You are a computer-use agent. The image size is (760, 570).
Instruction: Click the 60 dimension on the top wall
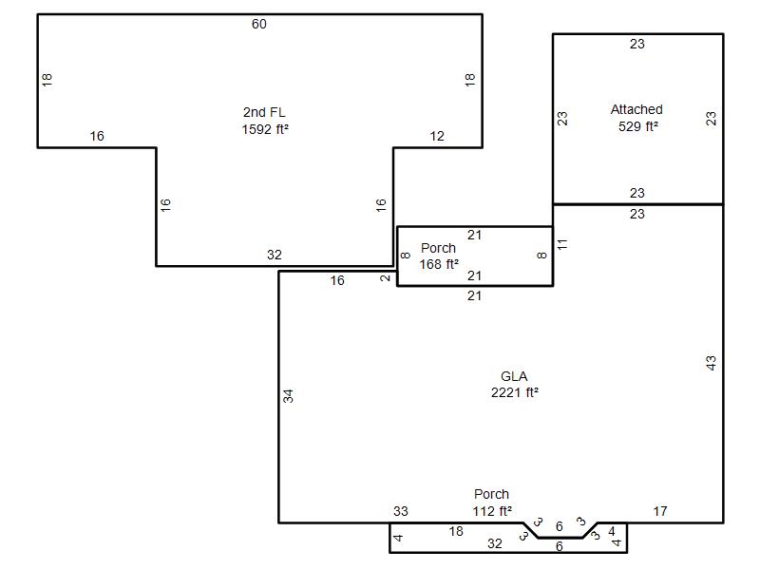258,25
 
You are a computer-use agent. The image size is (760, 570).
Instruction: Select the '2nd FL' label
264,112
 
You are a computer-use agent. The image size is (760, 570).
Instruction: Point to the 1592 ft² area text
265,129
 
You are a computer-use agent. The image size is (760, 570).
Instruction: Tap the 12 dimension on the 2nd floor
437,136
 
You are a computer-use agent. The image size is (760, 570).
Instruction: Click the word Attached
636,109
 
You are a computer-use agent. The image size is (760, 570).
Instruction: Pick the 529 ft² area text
637,126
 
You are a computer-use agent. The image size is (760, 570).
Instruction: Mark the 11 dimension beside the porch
562,244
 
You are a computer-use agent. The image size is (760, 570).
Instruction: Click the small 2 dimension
386,278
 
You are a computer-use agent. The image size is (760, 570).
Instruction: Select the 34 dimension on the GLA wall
289,396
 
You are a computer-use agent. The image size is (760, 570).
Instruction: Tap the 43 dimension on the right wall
711,363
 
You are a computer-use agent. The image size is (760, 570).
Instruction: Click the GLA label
514,376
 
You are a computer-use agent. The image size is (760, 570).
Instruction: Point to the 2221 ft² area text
514,392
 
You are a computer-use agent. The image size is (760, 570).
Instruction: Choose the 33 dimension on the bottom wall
400,511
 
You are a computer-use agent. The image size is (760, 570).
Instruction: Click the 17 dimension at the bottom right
659,511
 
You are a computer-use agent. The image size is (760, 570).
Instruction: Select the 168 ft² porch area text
439,265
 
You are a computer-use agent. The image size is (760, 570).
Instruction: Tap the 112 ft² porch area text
492,511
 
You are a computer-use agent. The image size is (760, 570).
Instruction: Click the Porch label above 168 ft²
438,248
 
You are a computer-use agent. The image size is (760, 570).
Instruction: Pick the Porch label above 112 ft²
491,494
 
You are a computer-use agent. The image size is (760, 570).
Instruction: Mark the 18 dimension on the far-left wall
47,80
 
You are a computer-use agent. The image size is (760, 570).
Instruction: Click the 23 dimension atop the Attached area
636,44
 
